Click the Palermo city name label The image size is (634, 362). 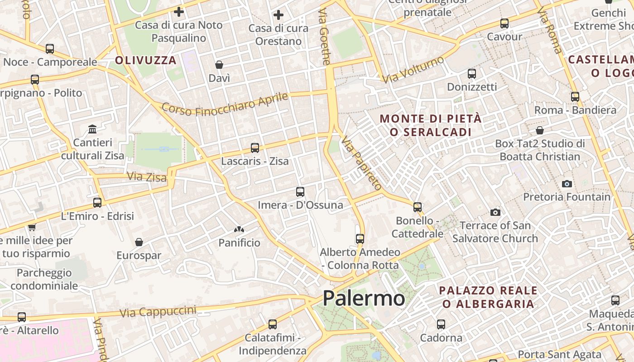pyautogui.click(x=364, y=298)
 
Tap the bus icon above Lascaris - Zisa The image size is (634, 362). pyautogui.click(x=255, y=148)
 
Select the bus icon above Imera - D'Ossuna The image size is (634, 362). pyautogui.click(x=300, y=192)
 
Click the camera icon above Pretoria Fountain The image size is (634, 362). pyautogui.click(x=567, y=184)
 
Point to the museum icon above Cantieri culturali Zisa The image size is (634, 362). pyautogui.click(x=93, y=129)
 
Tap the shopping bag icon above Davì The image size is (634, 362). pyautogui.click(x=219, y=65)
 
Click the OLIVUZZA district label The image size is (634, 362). pyautogui.click(x=145, y=60)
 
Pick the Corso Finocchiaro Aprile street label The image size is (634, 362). pyautogui.click(x=225, y=105)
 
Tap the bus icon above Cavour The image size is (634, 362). pyautogui.click(x=504, y=24)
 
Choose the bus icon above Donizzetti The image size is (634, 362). pyautogui.click(x=472, y=73)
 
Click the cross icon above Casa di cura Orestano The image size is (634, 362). pyautogui.click(x=279, y=15)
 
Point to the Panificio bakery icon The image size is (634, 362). pyautogui.click(x=239, y=230)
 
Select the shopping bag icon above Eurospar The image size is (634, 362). pyautogui.click(x=139, y=242)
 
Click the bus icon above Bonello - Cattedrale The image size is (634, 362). pyautogui.click(x=418, y=207)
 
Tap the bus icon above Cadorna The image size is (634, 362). pyautogui.click(x=441, y=324)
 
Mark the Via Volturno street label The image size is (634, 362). pyautogui.click(x=413, y=69)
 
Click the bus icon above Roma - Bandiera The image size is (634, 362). pyautogui.click(x=575, y=97)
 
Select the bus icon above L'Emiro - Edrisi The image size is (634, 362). pyautogui.click(x=97, y=203)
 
